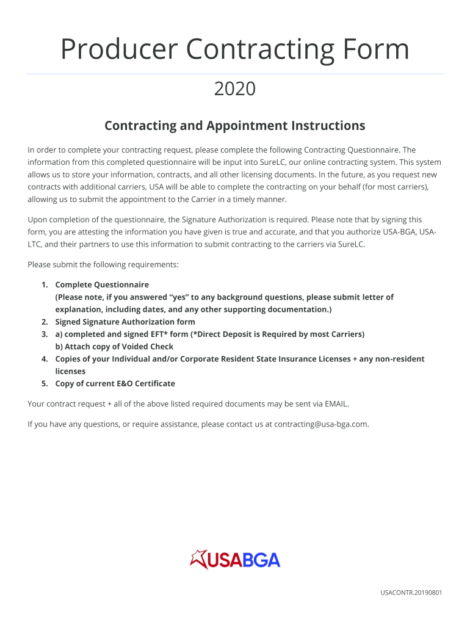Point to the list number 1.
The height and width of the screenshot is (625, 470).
(x=44, y=285)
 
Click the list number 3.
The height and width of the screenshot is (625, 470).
(x=44, y=334)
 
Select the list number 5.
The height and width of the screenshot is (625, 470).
(x=44, y=384)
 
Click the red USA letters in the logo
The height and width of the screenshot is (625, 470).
(x=225, y=560)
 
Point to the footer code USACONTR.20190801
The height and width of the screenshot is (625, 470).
(x=411, y=593)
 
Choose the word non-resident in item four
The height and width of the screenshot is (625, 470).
(x=399, y=359)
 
